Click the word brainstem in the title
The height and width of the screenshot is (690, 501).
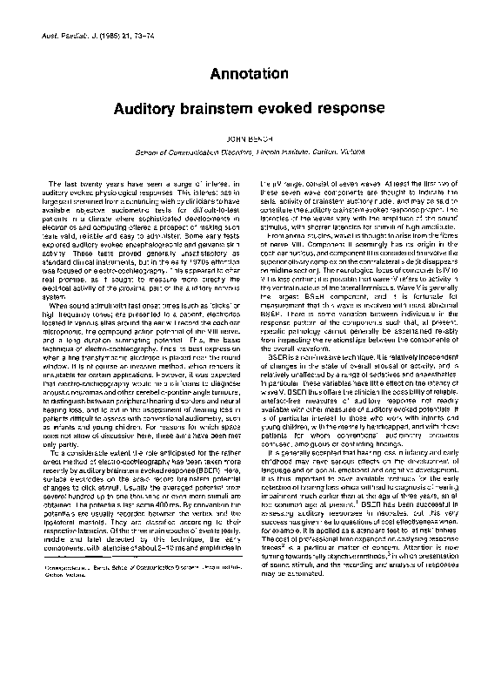tap(241, 111)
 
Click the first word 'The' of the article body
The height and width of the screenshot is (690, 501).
tap(55, 182)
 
